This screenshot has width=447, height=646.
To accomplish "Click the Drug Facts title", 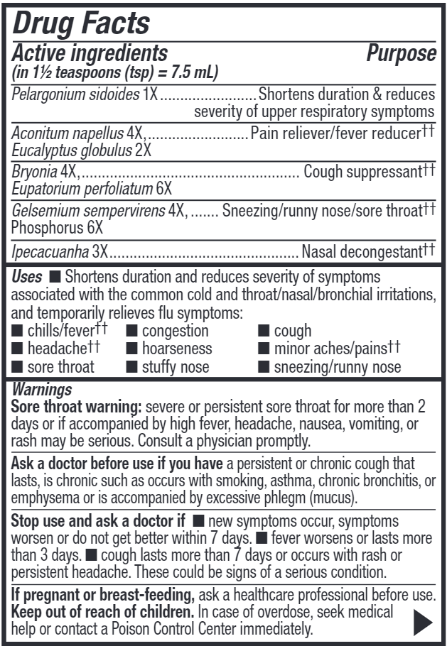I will coord(81,23).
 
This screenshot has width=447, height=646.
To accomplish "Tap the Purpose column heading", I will coord(401,54).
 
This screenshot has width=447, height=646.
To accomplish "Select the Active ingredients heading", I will coord(90,54).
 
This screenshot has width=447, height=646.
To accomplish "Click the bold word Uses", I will coord(27,275).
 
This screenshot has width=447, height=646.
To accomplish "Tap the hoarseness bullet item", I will coord(176,349).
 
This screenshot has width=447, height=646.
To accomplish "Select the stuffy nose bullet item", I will coord(175,367).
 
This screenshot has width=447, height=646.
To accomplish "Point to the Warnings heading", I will coord(42,389).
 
